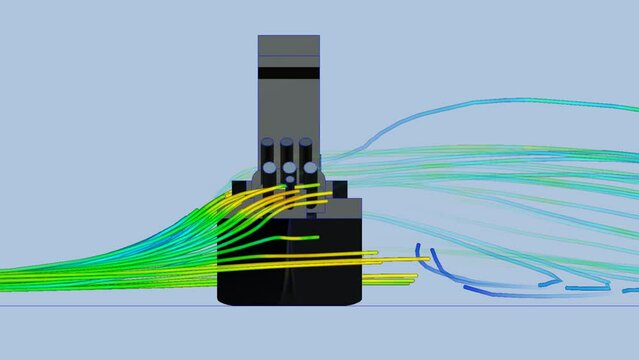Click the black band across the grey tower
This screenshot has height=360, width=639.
click(x=288, y=73)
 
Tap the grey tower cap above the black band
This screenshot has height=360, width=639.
click(x=288, y=49)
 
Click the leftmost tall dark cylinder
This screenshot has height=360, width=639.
click(x=268, y=152)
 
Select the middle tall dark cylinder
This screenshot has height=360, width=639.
click(x=287, y=150)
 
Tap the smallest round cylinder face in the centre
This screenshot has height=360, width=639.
click(x=290, y=180)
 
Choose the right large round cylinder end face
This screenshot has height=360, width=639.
click(x=310, y=168)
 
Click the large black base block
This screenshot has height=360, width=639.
click(x=290, y=270)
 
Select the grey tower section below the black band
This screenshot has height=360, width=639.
click(x=288, y=110)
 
